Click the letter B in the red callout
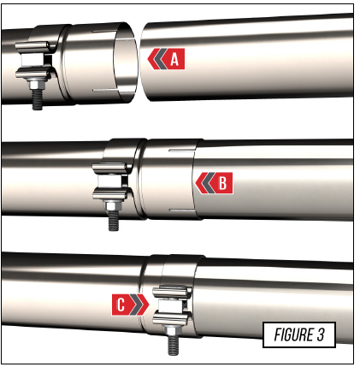pos(221,181)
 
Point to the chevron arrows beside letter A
pos(157,59)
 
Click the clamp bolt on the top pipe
pos(38,97)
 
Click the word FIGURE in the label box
pos(286,334)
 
